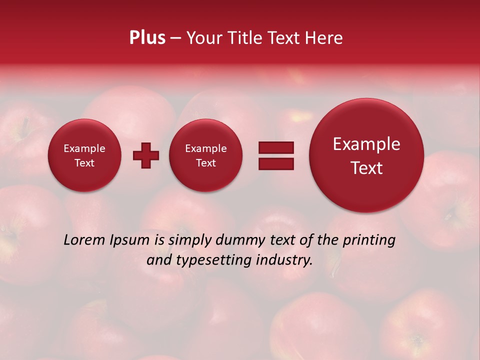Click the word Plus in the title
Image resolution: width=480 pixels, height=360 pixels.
[x=147, y=38]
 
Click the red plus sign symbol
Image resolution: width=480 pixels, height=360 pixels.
[x=146, y=155]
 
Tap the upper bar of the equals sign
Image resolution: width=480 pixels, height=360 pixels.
[x=275, y=147]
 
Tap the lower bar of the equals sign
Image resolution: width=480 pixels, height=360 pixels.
[x=275, y=163]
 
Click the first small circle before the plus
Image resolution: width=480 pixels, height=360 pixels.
[x=84, y=155]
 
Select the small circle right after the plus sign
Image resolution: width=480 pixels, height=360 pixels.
[x=206, y=155]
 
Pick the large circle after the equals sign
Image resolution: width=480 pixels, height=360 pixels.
[x=366, y=155]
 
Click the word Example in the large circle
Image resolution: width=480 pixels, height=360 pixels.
[x=366, y=144]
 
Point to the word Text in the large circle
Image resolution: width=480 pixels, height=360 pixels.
[x=366, y=168]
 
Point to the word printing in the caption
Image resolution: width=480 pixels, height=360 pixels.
[x=368, y=240]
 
